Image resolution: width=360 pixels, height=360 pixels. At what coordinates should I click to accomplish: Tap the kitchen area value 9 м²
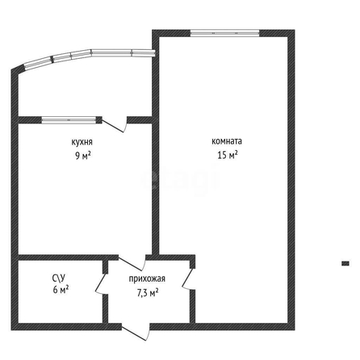(82, 156)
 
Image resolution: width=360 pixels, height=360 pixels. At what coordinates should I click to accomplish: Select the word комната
(227, 141)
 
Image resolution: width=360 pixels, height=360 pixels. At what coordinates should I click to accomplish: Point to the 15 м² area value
(228, 155)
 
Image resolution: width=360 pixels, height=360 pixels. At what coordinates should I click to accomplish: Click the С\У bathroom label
(59, 277)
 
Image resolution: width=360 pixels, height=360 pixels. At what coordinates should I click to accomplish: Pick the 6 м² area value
(61, 290)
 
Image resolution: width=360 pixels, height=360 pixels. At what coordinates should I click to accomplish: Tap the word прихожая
(147, 278)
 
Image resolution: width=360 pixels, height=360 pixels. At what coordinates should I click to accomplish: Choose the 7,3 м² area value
(148, 292)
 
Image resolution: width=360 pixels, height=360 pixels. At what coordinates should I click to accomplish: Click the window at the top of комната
(225, 33)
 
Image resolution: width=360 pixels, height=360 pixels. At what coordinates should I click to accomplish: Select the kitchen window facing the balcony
(69, 120)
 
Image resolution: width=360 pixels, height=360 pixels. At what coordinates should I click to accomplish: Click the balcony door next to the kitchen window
(114, 124)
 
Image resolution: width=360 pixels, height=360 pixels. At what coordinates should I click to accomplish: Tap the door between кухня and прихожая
(132, 262)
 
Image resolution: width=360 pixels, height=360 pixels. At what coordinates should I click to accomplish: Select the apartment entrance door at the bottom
(136, 332)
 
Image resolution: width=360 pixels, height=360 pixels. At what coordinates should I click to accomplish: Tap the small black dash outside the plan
(345, 263)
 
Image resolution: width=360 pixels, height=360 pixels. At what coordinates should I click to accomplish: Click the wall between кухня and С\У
(68, 257)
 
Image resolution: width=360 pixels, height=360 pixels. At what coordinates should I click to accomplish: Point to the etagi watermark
(179, 180)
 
